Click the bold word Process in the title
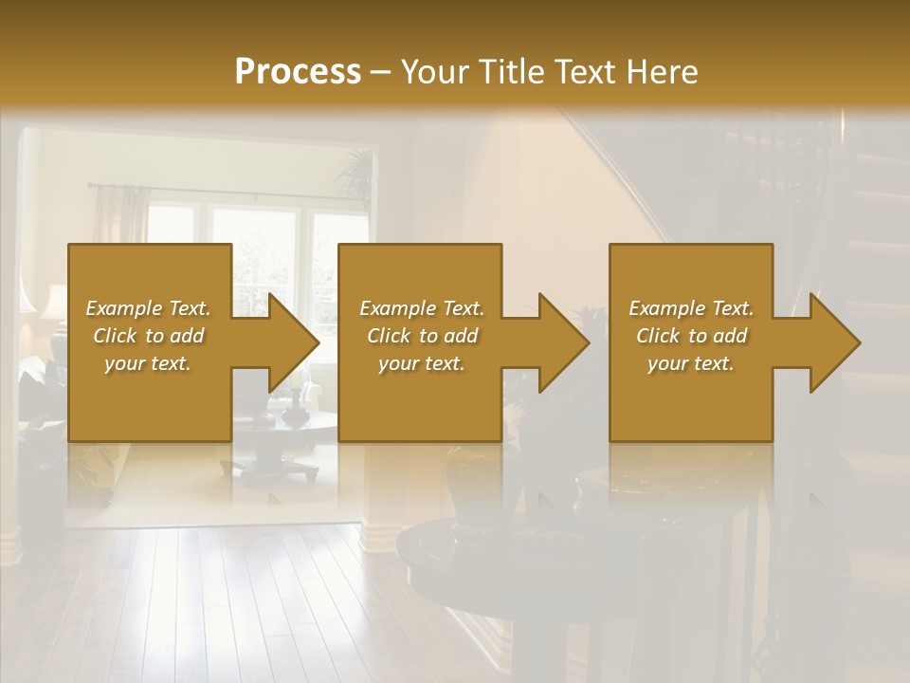[x=298, y=71]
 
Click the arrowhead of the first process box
[x=290, y=342]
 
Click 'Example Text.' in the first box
[x=149, y=308]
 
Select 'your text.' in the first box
[x=149, y=363]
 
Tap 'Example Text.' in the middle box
[x=422, y=308]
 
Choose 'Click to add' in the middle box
[x=422, y=336]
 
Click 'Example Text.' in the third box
[x=691, y=308]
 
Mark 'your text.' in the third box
[x=691, y=363]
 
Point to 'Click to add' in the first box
[x=149, y=336]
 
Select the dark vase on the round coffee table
[x=297, y=408]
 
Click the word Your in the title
[x=433, y=71]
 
